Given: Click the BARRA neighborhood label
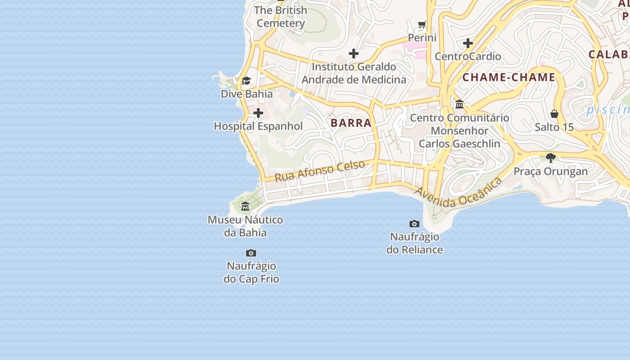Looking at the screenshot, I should tap(351, 123).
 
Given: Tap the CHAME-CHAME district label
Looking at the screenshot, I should tap(508, 77).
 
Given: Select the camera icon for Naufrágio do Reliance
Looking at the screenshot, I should tap(414, 224).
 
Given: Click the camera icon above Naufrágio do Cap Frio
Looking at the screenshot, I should tap(251, 253).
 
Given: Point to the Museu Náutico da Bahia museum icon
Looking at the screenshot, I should tap(245, 207).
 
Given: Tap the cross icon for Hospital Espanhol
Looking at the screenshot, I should tap(258, 113).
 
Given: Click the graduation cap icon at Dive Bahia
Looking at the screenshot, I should tap(246, 81).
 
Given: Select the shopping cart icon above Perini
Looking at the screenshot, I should tap(422, 24).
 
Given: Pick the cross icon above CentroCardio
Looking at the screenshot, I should tap(468, 43).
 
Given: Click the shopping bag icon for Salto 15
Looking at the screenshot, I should tap(554, 114).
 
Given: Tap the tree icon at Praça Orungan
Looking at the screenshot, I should tap(550, 158).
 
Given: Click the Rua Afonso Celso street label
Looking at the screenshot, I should tap(319, 171).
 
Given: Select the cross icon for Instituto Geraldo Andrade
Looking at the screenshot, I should tap(354, 54).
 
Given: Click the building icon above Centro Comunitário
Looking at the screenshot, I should tap(459, 104).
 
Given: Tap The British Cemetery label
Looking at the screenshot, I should tap(281, 17).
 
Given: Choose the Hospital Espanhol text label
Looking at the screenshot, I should tap(258, 126).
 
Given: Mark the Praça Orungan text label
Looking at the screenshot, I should tap(551, 171).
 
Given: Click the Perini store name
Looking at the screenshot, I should tap(422, 38).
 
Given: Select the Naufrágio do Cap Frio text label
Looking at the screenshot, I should tap(251, 272).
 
